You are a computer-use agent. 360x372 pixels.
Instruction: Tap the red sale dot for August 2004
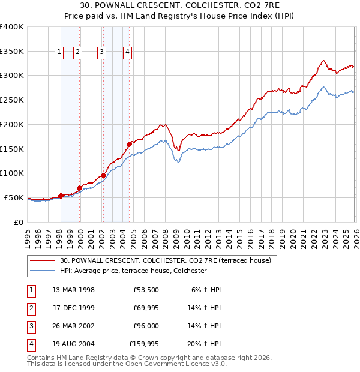[x=129, y=144]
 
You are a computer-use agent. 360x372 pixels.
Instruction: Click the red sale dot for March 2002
[x=103, y=175]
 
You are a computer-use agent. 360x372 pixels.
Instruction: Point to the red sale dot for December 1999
[x=79, y=188]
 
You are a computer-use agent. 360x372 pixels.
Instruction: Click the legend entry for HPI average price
[x=133, y=271]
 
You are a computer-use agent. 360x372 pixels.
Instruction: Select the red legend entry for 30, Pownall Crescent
[x=166, y=260]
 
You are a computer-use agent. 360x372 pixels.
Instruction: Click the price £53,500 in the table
[x=146, y=290]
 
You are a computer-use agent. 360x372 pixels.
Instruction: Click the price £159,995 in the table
[x=144, y=344]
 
